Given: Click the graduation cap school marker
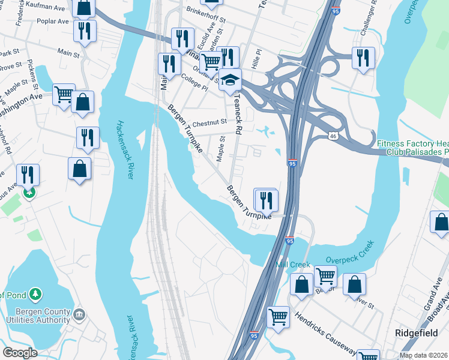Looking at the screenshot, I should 229,79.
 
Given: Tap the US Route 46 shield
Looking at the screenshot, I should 333,136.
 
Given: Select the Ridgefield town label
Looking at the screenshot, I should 415,332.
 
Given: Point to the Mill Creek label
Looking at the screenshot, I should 292,265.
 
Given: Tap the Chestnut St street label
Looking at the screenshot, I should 209,122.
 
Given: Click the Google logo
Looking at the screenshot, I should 20,352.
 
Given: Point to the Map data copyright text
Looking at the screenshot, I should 423,355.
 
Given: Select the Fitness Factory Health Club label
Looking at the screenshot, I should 413,148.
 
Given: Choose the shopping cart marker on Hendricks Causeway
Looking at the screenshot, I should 277,316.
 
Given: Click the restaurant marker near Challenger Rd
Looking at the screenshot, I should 363,58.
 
